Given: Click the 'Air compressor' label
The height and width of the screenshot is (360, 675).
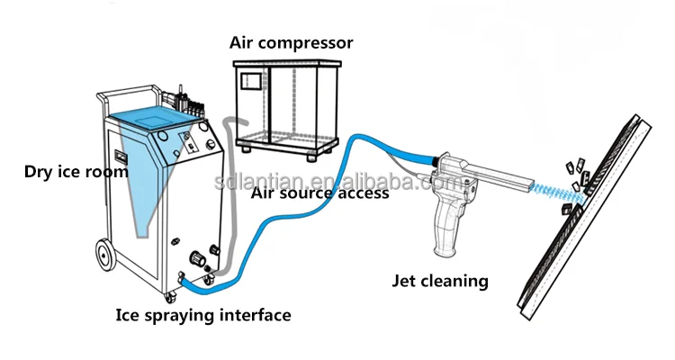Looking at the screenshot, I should pyautogui.click(x=292, y=42).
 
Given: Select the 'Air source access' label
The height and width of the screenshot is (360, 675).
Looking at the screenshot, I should pyautogui.click(x=319, y=192).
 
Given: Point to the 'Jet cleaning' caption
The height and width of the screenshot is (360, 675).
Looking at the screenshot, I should pyautogui.click(x=440, y=281).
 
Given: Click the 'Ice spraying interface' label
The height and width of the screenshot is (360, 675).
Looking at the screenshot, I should pyautogui.click(x=203, y=315).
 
